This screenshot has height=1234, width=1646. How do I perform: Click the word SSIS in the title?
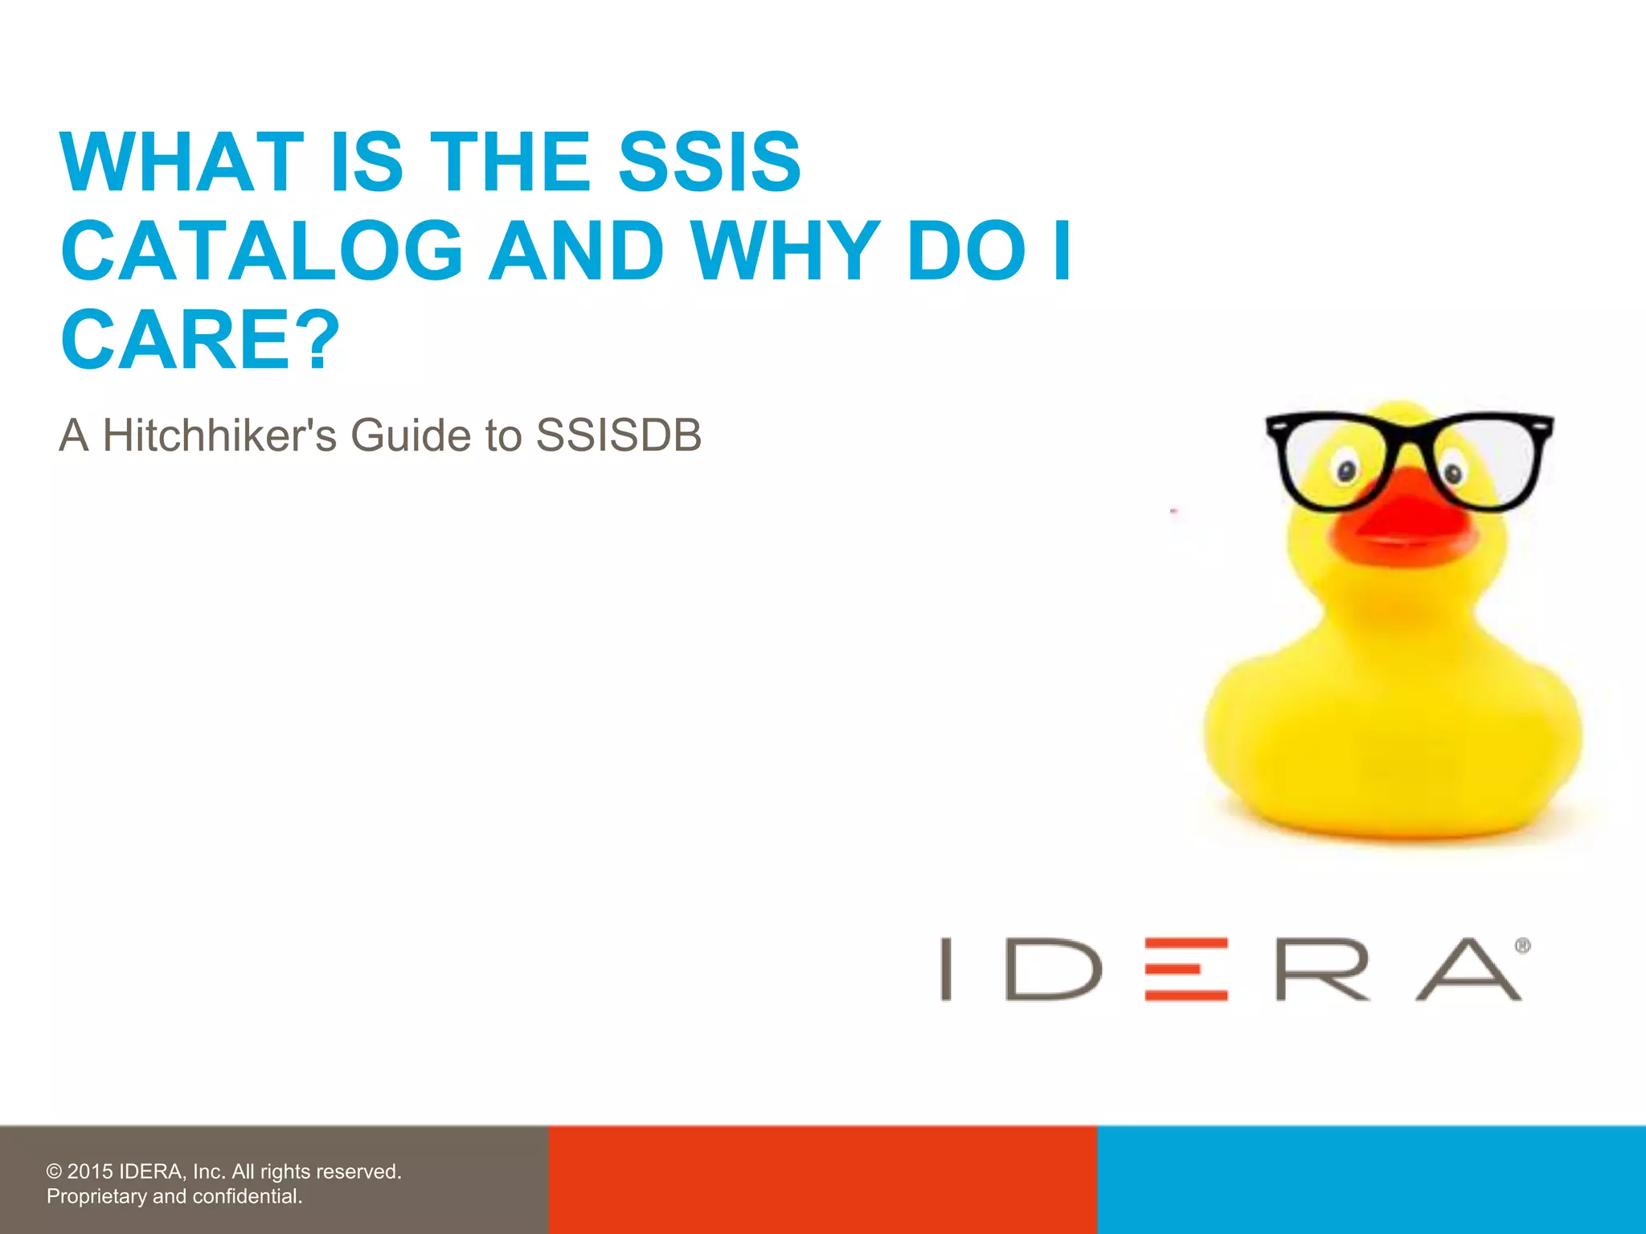pos(709,162)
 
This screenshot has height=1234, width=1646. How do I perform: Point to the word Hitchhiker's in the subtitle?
pos(219,435)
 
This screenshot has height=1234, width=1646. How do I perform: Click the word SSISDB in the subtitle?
pos(619,435)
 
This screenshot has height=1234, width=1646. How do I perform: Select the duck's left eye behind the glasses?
pos(1347,471)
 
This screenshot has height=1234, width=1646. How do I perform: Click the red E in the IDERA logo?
pos(1186,969)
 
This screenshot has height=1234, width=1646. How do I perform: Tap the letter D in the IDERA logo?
pos(1053,969)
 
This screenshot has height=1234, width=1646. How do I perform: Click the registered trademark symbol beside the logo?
pos(1522,946)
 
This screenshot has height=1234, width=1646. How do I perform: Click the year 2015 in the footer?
pos(90,1171)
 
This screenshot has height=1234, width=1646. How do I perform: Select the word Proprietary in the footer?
pos(96,1196)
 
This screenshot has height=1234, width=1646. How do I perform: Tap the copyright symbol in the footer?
pos(54,1172)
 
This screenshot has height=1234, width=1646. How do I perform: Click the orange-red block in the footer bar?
pos(822,1179)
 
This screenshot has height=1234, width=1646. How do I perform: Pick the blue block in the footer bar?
pos(1371,1179)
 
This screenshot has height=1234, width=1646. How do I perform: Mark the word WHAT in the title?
pos(182,162)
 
